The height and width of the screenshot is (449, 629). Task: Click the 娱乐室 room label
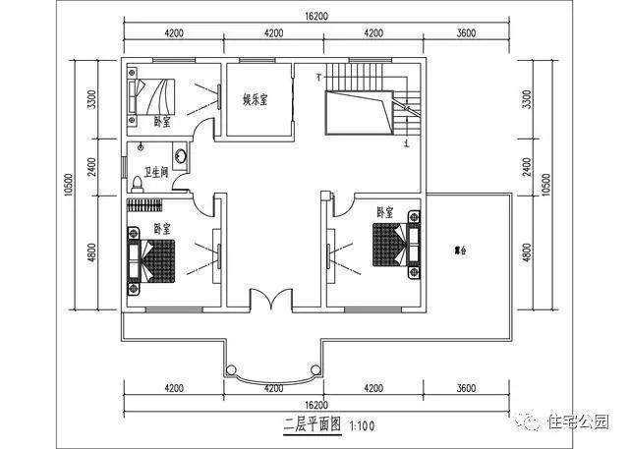257,99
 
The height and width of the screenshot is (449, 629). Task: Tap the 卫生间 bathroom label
157,172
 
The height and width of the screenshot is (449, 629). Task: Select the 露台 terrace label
460,252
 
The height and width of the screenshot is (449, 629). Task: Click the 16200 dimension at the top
315,17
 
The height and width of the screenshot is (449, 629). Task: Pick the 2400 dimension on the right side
526,166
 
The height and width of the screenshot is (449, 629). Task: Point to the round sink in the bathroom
180,155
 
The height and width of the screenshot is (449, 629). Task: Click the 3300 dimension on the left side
91,100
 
